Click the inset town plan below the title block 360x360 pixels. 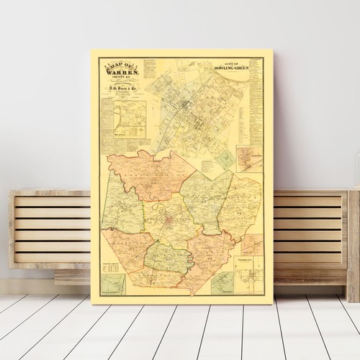129,118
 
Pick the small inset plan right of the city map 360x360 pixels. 249,159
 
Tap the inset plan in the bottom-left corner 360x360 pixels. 113,284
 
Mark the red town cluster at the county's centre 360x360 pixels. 171,218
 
